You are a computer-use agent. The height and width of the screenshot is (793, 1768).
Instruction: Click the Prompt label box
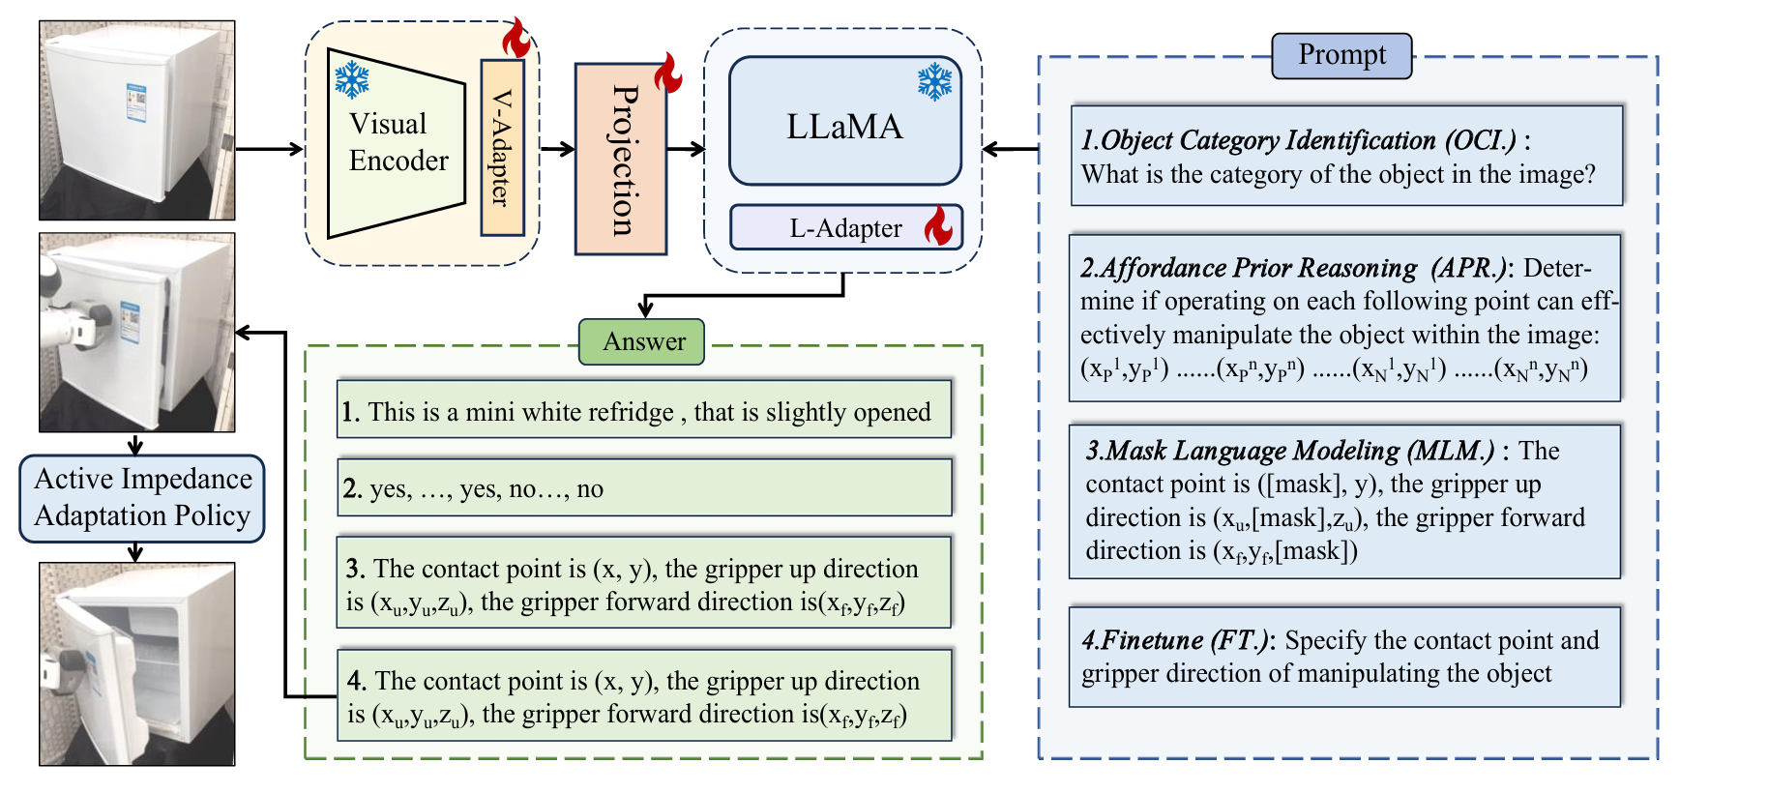point(1341,55)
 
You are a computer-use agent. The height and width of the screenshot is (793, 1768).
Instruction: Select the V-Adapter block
point(502,147)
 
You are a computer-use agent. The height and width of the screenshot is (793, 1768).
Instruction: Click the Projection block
point(621,160)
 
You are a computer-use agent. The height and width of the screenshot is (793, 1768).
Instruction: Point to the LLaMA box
point(845,121)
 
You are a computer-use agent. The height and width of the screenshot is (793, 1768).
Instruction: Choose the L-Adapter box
point(846,227)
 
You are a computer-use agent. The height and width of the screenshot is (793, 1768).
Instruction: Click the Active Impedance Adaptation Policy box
point(142,498)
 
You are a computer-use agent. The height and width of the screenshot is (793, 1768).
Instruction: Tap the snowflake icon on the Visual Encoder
point(352,80)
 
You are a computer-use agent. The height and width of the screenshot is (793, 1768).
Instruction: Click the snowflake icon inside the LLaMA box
point(935,82)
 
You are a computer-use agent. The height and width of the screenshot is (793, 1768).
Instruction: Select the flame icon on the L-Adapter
point(938,225)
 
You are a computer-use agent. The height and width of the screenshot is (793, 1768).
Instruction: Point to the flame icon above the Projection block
point(667,73)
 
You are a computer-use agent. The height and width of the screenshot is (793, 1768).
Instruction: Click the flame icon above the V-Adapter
point(516,38)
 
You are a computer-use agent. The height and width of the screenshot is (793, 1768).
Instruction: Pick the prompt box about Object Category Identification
point(1346,156)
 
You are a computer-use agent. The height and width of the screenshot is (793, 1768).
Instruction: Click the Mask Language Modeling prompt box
point(1344,501)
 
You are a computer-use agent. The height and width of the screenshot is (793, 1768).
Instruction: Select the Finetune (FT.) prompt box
point(1344,657)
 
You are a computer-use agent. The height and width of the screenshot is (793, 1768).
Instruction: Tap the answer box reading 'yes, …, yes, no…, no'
point(644,487)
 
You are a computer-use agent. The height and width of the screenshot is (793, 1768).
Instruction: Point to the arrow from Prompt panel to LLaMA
point(1011,149)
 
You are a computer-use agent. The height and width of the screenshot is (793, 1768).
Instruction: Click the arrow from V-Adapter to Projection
point(557,149)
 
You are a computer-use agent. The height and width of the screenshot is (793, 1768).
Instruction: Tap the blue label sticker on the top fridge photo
point(135,102)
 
